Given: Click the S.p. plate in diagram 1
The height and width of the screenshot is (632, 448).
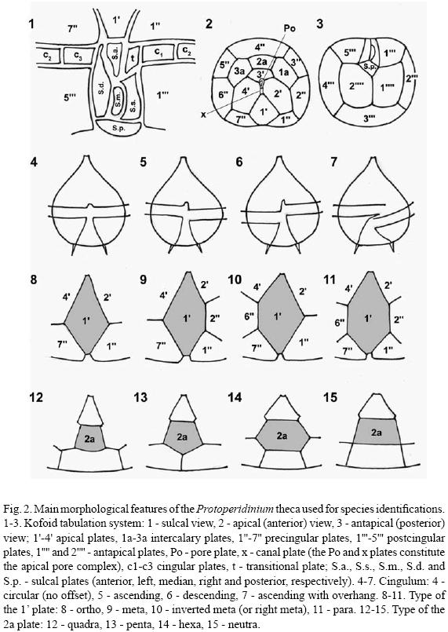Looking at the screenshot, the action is pyautogui.click(x=120, y=127).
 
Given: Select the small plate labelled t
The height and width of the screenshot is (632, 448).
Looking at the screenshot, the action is pyautogui.click(x=133, y=57).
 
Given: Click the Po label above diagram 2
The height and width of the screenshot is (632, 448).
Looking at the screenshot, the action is pyautogui.click(x=290, y=28).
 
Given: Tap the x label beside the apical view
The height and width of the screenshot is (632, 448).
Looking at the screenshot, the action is pyautogui.click(x=204, y=115).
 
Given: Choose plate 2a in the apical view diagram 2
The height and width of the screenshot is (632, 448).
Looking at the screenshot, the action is pyautogui.click(x=262, y=61).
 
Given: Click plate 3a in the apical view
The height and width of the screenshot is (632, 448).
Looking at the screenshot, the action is pyautogui.click(x=239, y=71).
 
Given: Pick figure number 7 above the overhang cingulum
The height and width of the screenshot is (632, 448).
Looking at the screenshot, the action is pyautogui.click(x=334, y=162).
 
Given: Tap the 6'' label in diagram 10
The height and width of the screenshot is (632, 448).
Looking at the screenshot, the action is pyautogui.click(x=249, y=316).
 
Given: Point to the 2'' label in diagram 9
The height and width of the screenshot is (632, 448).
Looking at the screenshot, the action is pyautogui.click(x=215, y=318).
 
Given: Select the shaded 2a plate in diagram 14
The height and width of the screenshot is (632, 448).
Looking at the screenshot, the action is pyautogui.click(x=282, y=435).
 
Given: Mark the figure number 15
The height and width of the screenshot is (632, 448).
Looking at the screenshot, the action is pyautogui.click(x=330, y=397).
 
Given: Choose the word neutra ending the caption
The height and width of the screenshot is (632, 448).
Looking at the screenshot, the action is pyautogui.click(x=244, y=625).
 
